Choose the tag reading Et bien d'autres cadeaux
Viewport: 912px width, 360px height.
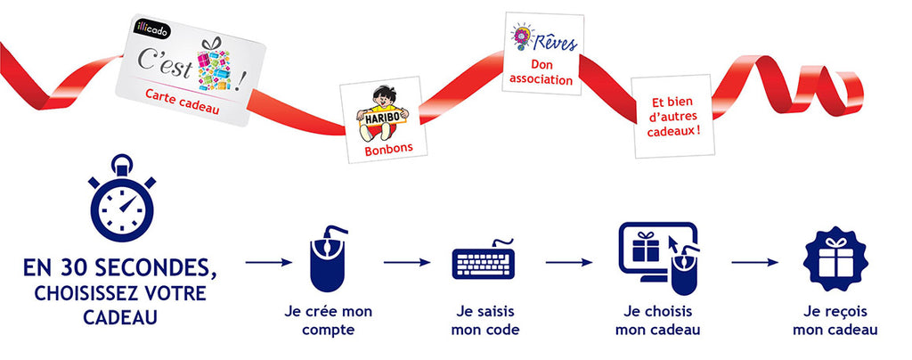(x=672, y=115)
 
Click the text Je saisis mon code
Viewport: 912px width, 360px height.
(x=484, y=321)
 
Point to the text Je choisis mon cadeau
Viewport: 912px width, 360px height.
(x=657, y=321)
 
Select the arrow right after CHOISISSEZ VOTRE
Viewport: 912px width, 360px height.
(x=268, y=263)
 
